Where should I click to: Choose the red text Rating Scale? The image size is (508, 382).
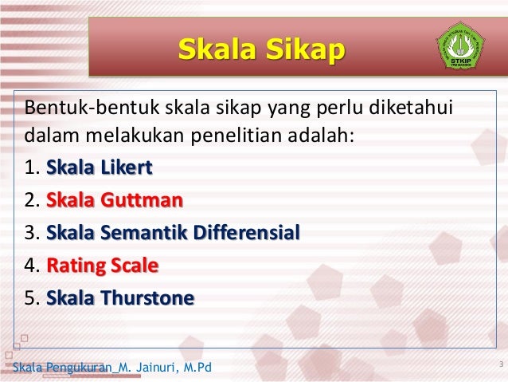(103, 266)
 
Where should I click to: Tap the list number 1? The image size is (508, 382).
(31, 169)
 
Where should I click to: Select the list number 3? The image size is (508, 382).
(31, 234)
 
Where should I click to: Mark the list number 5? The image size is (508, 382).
(31, 298)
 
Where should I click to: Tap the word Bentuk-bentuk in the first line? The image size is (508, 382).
(72, 107)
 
